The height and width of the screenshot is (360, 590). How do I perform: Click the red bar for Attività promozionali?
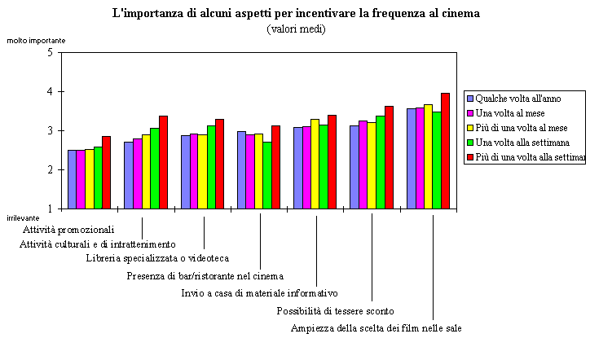(x=106, y=172)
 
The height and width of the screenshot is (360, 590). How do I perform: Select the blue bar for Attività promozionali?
(x=72, y=179)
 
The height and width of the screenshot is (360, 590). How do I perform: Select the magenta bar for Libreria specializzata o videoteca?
(x=193, y=171)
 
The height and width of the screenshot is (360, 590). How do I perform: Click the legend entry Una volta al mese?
(x=510, y=112)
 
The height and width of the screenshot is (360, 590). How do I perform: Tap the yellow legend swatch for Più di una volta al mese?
(x=470, y=128)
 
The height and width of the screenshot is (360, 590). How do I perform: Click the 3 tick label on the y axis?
(x=51, y=130)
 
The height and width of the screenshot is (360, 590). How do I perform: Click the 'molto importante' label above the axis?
(x=36, y=40)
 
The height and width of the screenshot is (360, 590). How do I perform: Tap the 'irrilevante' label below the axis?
(x=23, y=218)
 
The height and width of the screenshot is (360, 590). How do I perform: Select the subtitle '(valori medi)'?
(x=295, y=29)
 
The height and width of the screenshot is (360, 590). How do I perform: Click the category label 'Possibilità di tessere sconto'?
(x=336, y=310)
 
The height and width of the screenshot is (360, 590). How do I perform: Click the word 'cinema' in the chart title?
(x=462, y=13)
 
